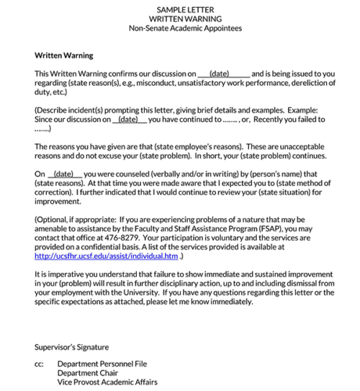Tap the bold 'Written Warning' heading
pyautogui.click(x=64, y=55)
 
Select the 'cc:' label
pyautogui.click(x=40, y=364)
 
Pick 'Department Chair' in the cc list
pyautogui.click(x=89, y=373)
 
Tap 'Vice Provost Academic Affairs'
pyautogui.click(x=108, y=382)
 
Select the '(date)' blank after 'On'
pyautogui.click(x=64, y=174)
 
